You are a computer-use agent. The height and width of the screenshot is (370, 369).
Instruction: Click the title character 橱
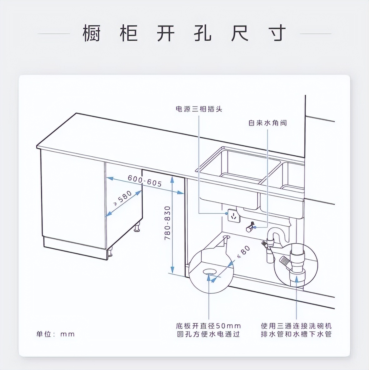(92, 33)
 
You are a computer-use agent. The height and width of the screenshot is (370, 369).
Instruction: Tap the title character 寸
(277, 33)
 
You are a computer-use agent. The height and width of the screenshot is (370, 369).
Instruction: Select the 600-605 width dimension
(145, 181)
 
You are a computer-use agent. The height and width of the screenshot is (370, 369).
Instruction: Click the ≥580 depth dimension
(123, 198)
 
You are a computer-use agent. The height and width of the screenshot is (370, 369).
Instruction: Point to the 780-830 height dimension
(168, 223)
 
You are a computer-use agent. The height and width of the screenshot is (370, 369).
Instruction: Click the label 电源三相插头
(199, 109)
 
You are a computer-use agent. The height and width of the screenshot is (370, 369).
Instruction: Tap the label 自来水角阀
(267, 123)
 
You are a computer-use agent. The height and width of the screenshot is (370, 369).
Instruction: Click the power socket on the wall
(234, 216)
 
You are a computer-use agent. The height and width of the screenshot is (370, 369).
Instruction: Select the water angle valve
(250, 227)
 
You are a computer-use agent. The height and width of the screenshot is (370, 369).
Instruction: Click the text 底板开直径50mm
(208, 326)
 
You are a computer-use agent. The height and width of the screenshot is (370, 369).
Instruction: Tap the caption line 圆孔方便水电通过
(208, 334)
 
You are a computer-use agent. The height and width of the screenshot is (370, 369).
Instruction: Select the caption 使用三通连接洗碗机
(296, 326)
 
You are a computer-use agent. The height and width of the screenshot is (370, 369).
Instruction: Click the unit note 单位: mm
(56, 334)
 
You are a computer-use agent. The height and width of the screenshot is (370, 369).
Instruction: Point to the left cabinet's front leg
(110, 253)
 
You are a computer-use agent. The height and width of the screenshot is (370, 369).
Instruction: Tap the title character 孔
(203, 33)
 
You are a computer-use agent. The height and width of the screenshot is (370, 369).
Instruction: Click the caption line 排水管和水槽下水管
(296, 334)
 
